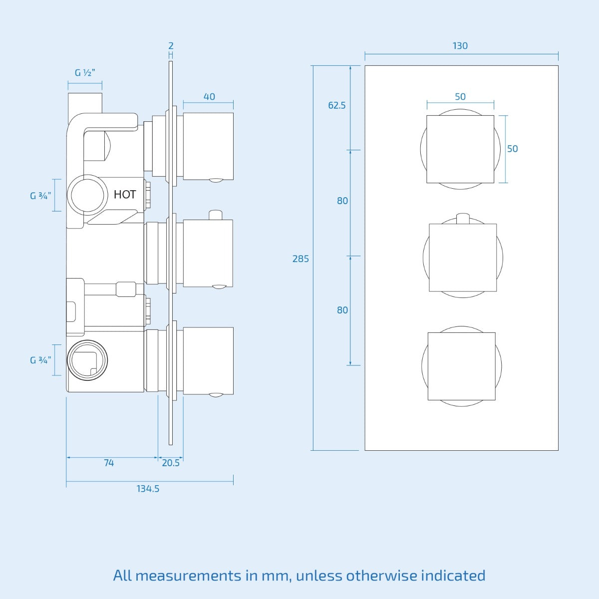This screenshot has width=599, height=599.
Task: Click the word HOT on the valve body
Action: pyautogui.click(x=125, y=194)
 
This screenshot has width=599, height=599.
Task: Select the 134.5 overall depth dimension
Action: pyautogui.click(x=148, y=489)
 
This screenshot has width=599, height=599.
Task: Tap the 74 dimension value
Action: pyautogui.click(x=109, y=463)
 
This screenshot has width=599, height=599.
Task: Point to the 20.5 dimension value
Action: pyautogui.click(x=171, y=463)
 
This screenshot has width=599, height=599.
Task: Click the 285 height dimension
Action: pyautogui.click(x=300, y=259)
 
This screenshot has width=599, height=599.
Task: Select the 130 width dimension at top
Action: pyautogui.click(x=460, y=46)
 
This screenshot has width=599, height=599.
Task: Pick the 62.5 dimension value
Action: pyautogui.click(x=336, y=105)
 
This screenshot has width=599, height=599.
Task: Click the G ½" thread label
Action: pyautogui.click(x=85, y=73)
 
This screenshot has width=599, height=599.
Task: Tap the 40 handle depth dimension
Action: pyautogui.click(x=209, y=97)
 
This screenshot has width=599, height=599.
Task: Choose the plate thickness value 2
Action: pyautogui.click(x=171, y=46)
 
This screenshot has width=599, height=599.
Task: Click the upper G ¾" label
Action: pyautogui.click(x=40, y=196)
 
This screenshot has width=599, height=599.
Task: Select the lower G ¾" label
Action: pyautogui.click(x=40, y=360)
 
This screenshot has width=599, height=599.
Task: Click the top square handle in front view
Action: pyautogui.click(x=460, y=149)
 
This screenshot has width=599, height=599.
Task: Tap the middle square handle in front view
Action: pyautogui.click(x=463, y=258)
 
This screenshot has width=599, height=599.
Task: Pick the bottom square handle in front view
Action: pyautogui.click(x=461, y=366)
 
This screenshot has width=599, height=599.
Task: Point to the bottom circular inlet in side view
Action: pyautogui.click(x=87, y=360)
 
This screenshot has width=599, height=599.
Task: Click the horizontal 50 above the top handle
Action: pyautogui.click(x=460, y=97)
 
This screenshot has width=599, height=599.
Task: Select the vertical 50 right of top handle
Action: pyautogui.click(x=512, y=149)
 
